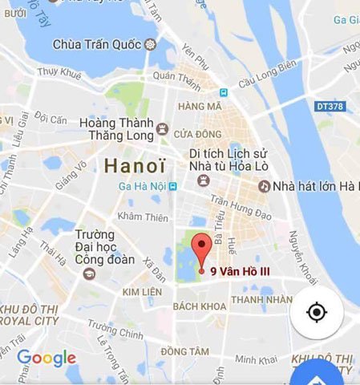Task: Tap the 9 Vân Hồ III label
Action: [240, 272]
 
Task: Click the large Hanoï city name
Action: [135, 167]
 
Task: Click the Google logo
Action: [47, 358]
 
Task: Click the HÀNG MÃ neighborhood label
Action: [200, 106]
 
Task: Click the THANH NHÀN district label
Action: [255, 301]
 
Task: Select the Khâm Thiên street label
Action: [142, 217]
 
